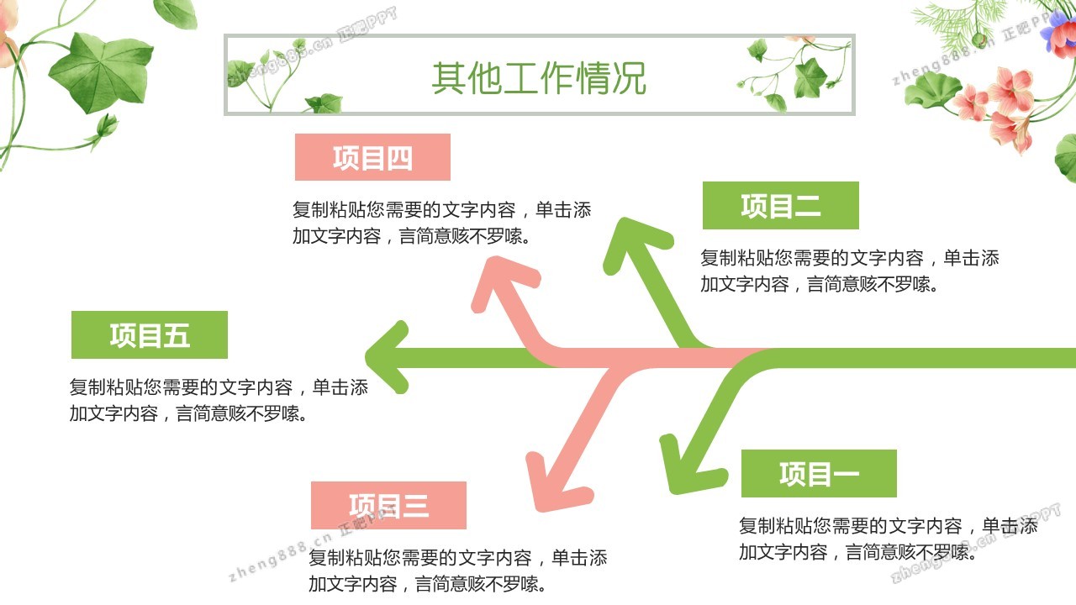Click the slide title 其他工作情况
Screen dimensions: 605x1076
(539, 77)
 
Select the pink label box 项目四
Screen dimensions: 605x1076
(372, 157)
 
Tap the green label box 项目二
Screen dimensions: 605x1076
(780, 205)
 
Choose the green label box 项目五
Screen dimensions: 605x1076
(150, 335)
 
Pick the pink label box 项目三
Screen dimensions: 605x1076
(388, 505)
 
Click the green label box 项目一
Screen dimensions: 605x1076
(819, 473)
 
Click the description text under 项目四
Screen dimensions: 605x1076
(441, 223)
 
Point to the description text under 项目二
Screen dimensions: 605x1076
(849, 271)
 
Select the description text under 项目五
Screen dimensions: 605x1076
(219, 400)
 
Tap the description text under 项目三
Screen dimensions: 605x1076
(457, 571)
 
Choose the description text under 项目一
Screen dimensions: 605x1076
(888, 539)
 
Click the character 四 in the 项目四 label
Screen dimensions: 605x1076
(399, 158)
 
